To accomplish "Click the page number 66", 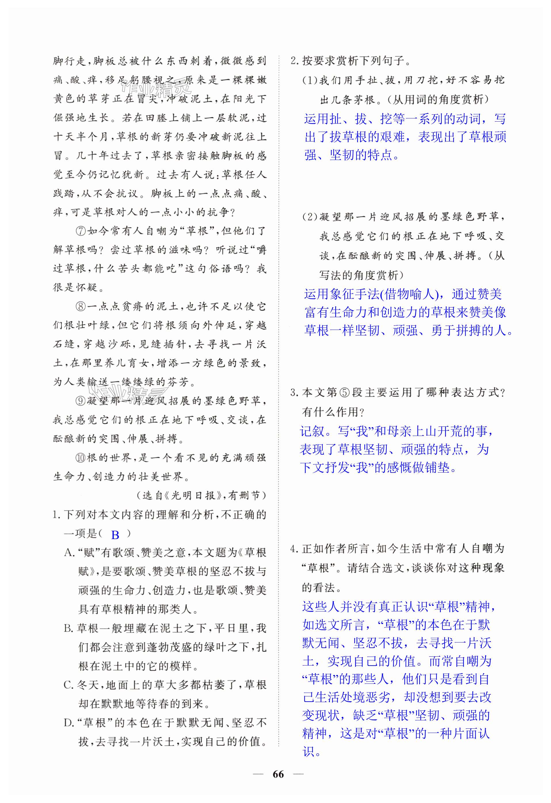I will [278, 774].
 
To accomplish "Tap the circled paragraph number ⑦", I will [81, 231].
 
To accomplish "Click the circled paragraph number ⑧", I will [81, 307].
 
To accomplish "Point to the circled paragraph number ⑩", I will [81, 458].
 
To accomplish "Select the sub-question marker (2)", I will [310, 217].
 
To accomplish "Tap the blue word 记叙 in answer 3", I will [312, 431].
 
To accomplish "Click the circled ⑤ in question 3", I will [344, 393].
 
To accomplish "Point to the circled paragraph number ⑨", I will [81, 401].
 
